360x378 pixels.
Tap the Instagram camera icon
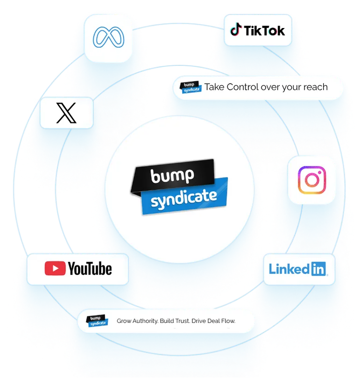[311, 180]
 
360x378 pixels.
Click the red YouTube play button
[55, 269]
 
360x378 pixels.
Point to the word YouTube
[90, 269]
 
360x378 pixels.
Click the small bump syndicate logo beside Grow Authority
[98, 321]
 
